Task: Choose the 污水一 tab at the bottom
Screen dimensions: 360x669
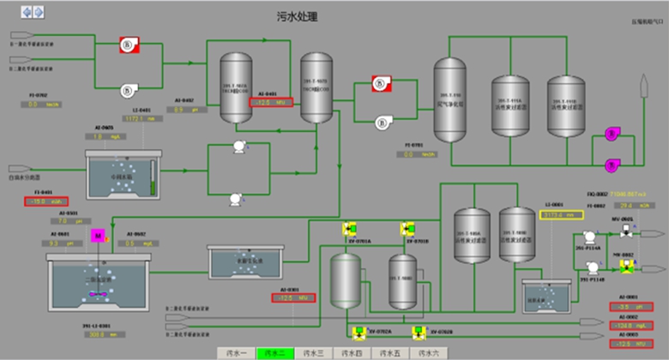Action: pyautogui.click(x=233, y=352)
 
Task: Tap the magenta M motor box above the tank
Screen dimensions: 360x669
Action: pyautogui.click(x=98, y=234)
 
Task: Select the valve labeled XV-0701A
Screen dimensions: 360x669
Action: pyautogui.click(x=349, y=229)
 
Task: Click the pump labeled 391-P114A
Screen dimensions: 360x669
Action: pyautogui.click(x=590, y=237)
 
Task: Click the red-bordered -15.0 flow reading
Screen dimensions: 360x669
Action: pyautogui.click(x=40, y=202)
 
